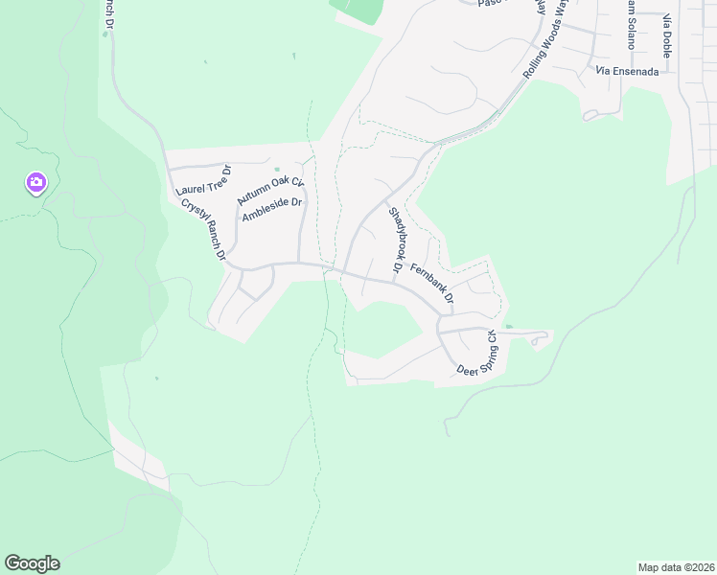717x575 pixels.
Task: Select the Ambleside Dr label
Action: (x=272, y=210)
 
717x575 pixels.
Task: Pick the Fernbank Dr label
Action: (x=431, y=284)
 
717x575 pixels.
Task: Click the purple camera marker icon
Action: (x=36, y=182)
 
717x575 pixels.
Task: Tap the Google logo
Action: (x=32, y=563)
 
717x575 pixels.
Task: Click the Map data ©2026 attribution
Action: (x=676, y=566)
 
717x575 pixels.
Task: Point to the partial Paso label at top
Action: (x=490, y=4)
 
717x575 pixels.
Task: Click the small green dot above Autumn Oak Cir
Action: (x=277, y=170)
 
